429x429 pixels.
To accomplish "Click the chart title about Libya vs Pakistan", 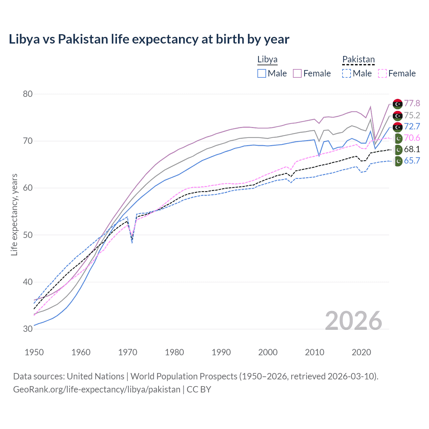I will pyautogui.click(x=149, y=39).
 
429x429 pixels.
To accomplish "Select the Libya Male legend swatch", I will pyautogui.click(x=262, y=73).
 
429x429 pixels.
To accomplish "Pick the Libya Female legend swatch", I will pyautogui.click(x=297, y=73).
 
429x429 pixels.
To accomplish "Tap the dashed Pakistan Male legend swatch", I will pyautogui.click(x=347, y=73).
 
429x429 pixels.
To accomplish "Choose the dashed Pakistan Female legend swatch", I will pyautogui.click(x=382, y=73).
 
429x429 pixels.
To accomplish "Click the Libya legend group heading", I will pyautogui.click(x=267, y=60).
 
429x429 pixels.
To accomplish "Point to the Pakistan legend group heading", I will pyautogui.click(x=358, y=60).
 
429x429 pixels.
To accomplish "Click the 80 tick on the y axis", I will pyautogui.click(x=28, y=94).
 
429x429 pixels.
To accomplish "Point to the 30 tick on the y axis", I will pyautogui.click(x=28, y=329).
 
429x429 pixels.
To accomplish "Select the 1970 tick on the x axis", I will pyautogui.click(x=128, y=352).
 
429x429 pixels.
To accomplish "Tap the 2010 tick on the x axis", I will pyautogui.click(x=314, y=352).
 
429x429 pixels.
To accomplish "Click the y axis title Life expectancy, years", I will pyautogui.click(x=14, y=214).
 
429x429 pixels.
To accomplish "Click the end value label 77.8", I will pyautogui.click(x=412, y=103).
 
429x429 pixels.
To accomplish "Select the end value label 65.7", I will pyautogui.click(x=412, y=161).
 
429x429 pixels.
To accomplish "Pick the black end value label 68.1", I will pyautogui.click(x=412, y=149).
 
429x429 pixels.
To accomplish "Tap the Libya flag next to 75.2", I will pyautogui.click(x=397, y=116).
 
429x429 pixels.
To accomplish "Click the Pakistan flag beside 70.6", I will pyautogui.click(x=398, y=138).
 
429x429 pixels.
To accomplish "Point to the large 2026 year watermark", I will pyautogui.click(x=354, y=321).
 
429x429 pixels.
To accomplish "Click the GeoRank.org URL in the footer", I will pyautogui.click(x=97, y=389).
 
